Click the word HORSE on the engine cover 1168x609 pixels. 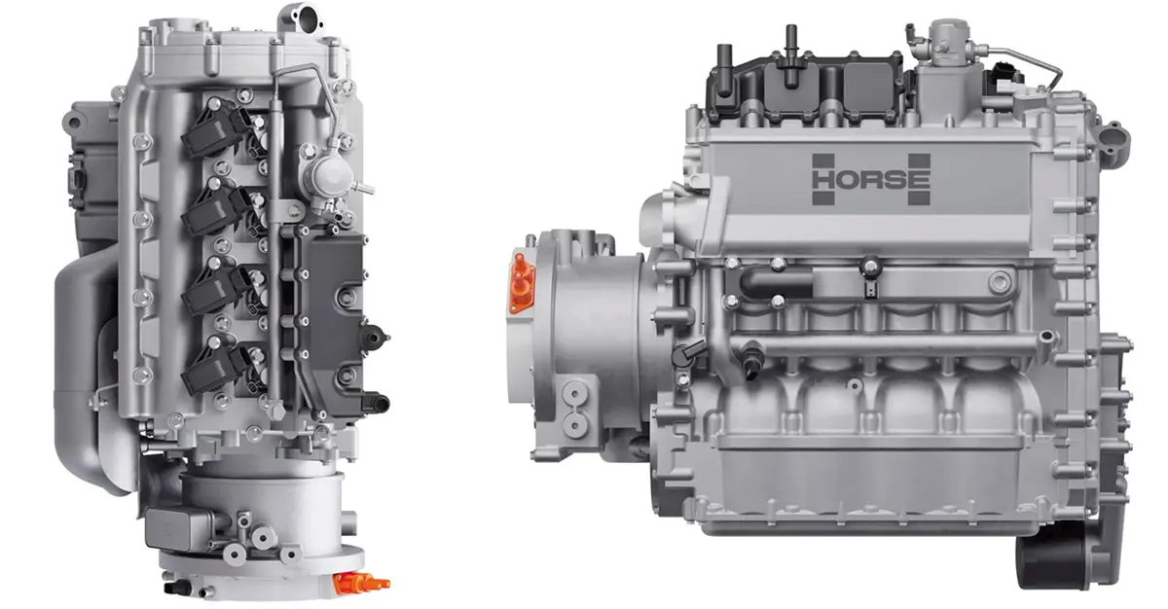click(x=871, y=180)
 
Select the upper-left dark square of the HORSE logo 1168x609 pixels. click(x=823, y=161)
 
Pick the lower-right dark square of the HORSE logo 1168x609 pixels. click(x=919, y=197)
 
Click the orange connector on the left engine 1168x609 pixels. click(x=360, y=583)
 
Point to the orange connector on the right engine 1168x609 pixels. click(x=521, y=283)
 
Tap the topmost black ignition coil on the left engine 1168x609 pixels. click(x=215, y=126)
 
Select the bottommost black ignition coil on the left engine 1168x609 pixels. click(x=215, y=365)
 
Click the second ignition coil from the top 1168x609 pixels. click(x=215, y=206)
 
